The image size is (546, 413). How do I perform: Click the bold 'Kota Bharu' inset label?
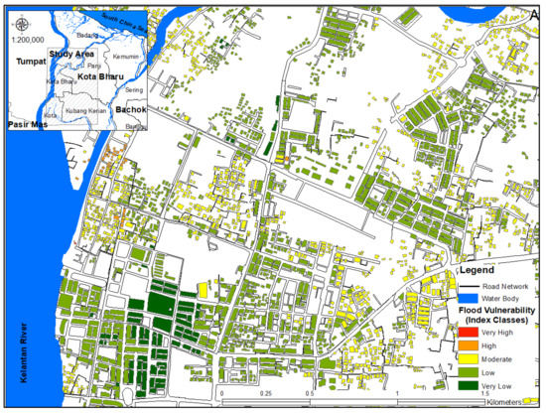[x=100, y=75]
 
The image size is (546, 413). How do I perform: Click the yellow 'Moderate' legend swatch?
[x=466, y=359]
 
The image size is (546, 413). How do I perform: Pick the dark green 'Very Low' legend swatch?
[x=466, y=383]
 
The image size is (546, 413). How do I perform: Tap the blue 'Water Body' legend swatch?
[x=466, y=296]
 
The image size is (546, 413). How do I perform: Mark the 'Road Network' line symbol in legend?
[x=466, y=284]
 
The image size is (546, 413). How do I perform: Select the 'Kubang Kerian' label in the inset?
[x=84, y=111]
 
